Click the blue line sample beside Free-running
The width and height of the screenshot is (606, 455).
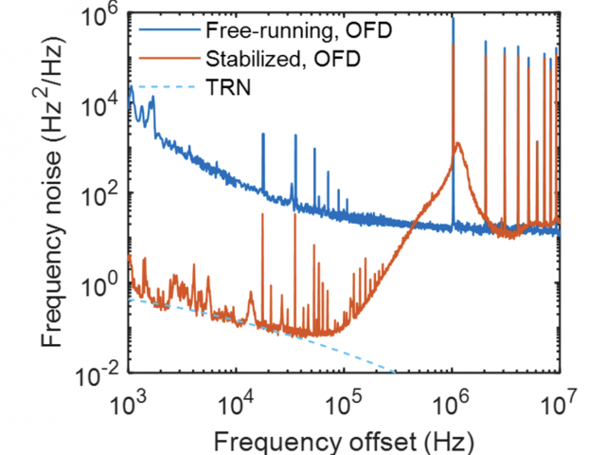[x=166, y=27]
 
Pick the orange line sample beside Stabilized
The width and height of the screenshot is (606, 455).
[x=166, y=58]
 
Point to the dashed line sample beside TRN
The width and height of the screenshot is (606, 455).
[x=166, y=88]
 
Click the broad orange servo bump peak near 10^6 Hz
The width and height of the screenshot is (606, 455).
[x=458, y=145]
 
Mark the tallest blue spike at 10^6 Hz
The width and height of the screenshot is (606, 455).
[x=453, y=19]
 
